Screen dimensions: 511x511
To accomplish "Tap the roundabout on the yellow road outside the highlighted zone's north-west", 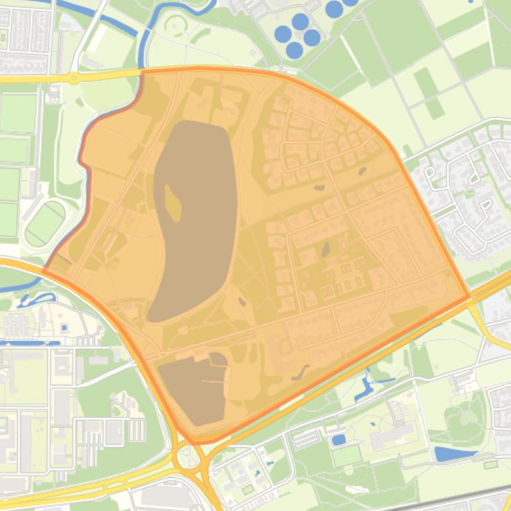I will [74, 78].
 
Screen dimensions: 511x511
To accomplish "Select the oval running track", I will [46, 224].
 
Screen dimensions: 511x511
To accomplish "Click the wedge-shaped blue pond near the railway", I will [454, 455].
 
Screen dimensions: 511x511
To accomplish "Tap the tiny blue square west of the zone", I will [64, 328].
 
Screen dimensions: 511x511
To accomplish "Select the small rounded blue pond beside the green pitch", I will [338, 439].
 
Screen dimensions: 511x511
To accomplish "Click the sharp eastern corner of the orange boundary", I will [469, 296].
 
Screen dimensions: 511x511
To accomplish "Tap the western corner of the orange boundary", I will [44, 270].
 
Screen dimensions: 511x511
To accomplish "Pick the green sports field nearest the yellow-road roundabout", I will [18, 113].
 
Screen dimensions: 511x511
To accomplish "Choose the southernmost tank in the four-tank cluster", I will [295, 50].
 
